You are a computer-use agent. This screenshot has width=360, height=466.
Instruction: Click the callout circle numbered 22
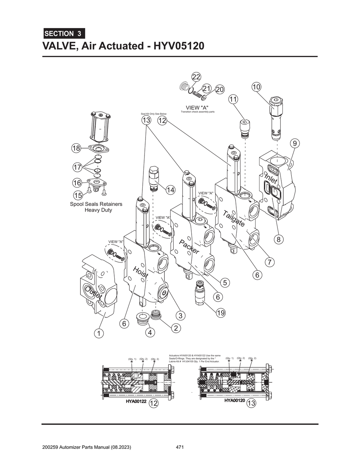coord(196,77)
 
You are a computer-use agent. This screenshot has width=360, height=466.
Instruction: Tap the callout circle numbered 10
coord(257,86)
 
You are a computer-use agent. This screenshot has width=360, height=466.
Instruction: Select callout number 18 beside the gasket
coord(76,148)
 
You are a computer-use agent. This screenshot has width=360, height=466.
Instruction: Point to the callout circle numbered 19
coord(220,313)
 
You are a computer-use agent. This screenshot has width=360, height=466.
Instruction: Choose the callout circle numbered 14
coord(170,190)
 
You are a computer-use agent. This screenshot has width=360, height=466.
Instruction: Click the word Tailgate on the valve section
coord(233,218)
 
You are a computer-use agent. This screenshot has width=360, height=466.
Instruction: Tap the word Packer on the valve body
coord(189,247)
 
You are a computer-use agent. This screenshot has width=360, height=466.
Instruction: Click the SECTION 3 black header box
coord(64,34)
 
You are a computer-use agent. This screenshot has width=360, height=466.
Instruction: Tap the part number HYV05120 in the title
coord(178,46)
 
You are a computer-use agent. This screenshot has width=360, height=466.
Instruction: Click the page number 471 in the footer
coord(180,447)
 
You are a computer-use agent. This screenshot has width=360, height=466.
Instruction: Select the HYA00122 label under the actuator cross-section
coord(136,401)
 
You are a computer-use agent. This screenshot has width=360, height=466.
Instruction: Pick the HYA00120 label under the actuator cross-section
coord(234,401)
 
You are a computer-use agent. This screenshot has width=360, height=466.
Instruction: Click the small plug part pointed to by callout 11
coord(244,128)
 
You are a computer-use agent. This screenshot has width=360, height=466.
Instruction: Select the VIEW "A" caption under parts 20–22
coord(197,108)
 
